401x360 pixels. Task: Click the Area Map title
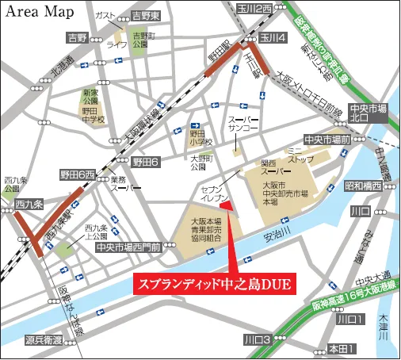[x=41, y=13]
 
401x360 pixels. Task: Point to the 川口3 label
[x=258, y=339]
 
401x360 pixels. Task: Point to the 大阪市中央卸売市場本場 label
[x=278, y=190]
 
